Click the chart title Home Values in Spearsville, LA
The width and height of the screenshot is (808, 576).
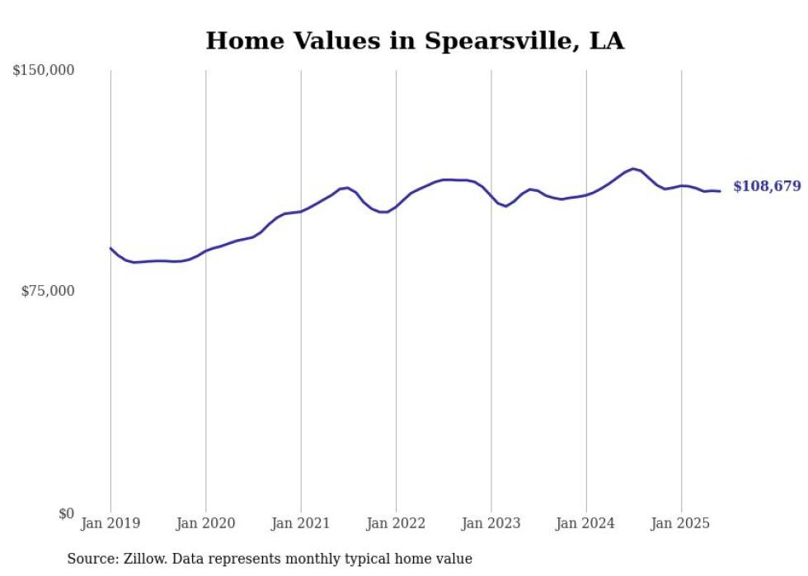pos(415,40)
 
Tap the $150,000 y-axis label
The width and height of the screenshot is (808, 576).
pos(44,71)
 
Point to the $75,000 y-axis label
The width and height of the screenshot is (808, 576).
pos(47,291)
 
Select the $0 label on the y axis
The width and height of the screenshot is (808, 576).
pos(66,513)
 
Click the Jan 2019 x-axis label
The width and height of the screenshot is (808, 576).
pos(110,523)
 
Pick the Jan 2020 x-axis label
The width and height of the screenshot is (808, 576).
pos(205,523)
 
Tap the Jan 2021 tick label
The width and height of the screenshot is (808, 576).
pos(301,523)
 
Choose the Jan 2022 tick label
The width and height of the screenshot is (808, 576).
pos(396,523)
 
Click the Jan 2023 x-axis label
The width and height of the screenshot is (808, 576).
pos(491,523)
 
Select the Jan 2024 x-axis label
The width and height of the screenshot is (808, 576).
pos(586,523)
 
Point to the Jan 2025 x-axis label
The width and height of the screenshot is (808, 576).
pos(681,523)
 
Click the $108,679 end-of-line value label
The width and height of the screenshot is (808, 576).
pos(767,186)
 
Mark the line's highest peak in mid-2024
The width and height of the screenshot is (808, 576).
pos(633,169)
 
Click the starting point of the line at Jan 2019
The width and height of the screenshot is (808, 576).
pos(110,248)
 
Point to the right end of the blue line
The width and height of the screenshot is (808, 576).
pos(721,191)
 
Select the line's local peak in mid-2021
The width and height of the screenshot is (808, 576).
pos(348,188)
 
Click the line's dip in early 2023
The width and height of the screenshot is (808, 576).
pos(506,206)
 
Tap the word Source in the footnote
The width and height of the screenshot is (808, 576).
pos(90,559)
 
